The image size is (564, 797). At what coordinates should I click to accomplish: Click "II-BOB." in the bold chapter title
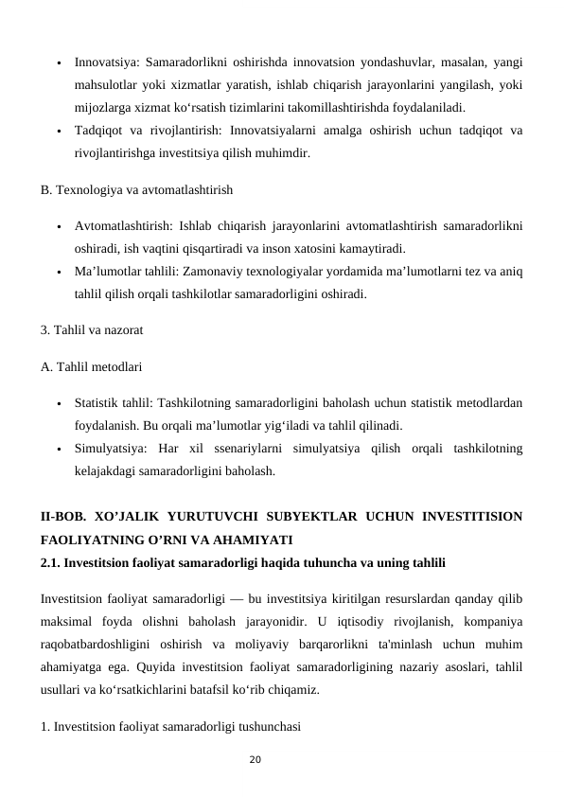[66, 519]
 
